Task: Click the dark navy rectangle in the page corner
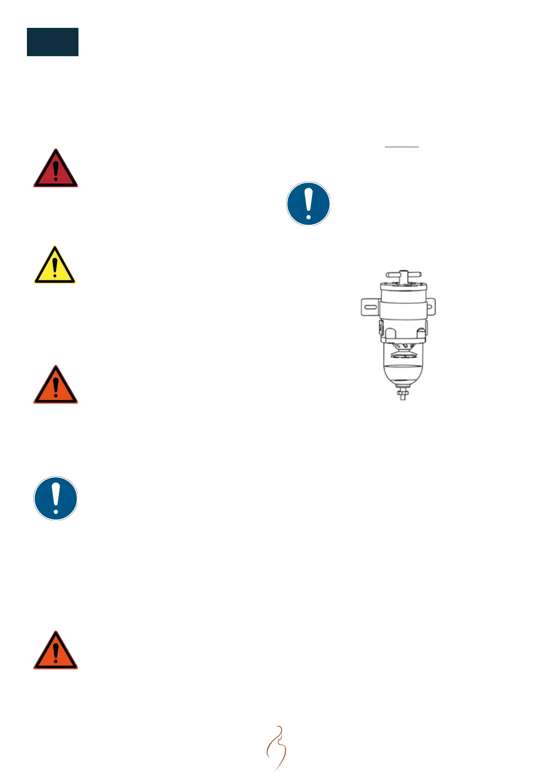point(52,42)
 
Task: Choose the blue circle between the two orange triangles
point(56,498)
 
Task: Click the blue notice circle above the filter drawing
point(308,203)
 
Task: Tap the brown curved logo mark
point(277,748)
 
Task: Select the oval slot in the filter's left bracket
point(370,307)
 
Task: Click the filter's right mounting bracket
point(430,307)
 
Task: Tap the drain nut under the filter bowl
point(403,394)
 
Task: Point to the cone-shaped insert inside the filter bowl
point(402,351)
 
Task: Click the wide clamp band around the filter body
point(403,309)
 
